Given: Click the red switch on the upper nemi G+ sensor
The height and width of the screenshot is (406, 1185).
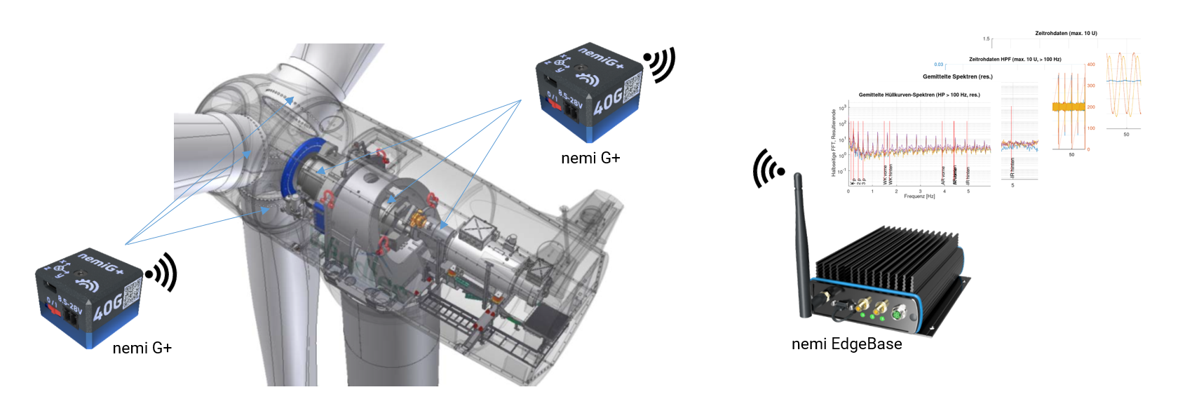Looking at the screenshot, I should pos(554,104).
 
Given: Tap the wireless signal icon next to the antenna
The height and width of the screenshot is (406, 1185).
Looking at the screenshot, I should pos(768,169).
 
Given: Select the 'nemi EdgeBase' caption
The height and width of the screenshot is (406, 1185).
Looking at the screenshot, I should pos(846,344).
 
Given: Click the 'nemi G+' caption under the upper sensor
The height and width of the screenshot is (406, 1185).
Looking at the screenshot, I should pos(590,158).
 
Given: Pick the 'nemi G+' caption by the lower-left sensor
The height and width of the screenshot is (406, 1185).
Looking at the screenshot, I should pos(142,348).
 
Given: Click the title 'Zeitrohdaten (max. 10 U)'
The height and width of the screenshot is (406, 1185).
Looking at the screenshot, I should pos(1066,33).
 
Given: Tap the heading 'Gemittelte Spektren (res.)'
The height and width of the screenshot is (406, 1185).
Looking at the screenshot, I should pos(957,76).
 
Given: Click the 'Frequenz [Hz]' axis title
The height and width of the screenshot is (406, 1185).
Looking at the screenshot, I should pos(919,196).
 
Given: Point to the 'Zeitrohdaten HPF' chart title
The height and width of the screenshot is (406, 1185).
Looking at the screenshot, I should pos(1015,60).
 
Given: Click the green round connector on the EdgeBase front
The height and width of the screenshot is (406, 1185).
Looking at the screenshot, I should pos(897,316).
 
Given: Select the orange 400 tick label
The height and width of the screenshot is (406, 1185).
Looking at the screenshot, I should pos(1090,65).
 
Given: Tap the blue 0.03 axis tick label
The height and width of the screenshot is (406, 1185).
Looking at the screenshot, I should pos(938,65).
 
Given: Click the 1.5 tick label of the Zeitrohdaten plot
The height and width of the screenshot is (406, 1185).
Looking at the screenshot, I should pos(986,39).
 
